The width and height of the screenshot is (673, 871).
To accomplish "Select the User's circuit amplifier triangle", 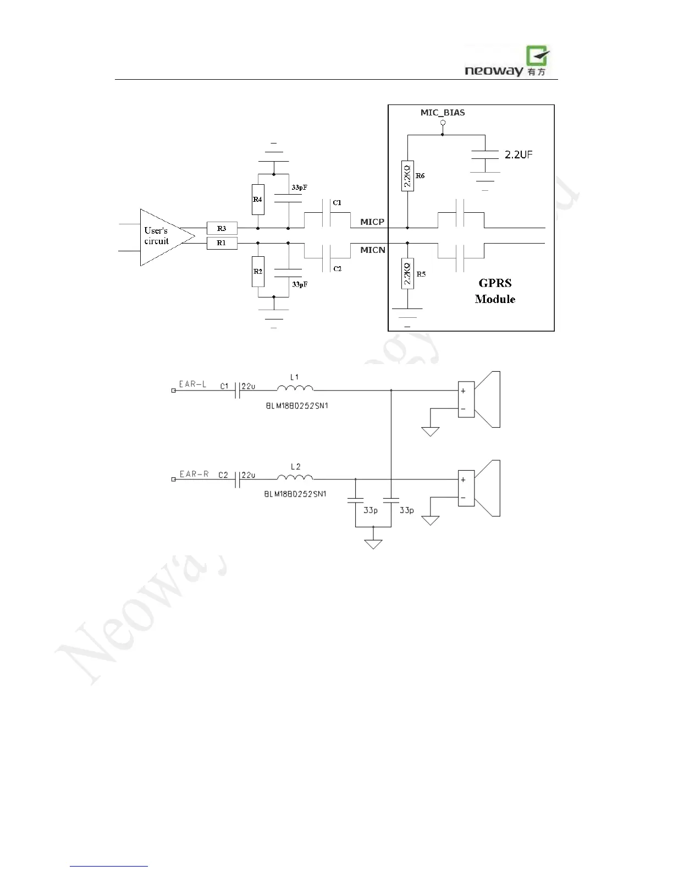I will pos(162,237).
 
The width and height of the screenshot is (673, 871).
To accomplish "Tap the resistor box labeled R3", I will pos(222,228).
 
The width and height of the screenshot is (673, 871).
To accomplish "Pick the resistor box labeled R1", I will pos(222,242).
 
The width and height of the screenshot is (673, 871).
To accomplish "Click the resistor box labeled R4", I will pos(258,199).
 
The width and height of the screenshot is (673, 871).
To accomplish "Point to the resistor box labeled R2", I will pos(258,271).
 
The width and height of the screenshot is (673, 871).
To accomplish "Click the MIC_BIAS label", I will pos(443,113).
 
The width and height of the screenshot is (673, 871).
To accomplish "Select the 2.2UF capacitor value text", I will pos(518,155).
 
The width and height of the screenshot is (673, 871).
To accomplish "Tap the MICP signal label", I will pos(372,222).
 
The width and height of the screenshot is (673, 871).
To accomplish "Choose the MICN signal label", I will pos(372,250).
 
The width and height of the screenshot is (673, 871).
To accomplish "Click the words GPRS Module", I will pos(495,291).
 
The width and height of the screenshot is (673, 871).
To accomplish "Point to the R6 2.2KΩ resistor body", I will pos(407,176).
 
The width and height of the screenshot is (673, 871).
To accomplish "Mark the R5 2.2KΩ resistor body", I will pos(407,273).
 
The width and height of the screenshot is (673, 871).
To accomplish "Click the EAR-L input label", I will pos(192,384).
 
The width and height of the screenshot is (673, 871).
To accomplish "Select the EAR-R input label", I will pos(194,474).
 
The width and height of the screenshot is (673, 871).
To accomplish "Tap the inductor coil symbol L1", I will pos(295,389).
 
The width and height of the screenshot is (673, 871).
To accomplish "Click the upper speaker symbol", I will pos(479,400).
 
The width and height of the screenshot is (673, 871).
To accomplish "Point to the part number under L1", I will pos(296,406).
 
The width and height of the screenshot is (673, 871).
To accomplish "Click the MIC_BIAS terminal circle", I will pos(443,123).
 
